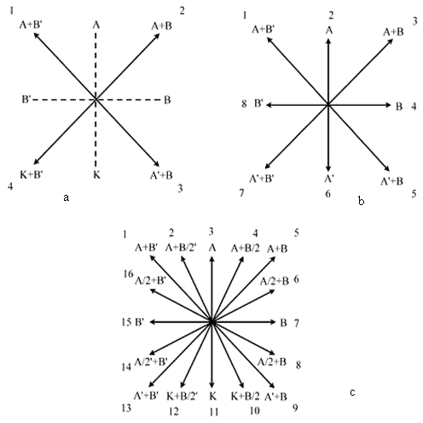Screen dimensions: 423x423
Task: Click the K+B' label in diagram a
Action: pos(32,174)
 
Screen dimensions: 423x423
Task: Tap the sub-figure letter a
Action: pos(66,197)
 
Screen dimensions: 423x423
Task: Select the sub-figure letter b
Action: pos(361,201)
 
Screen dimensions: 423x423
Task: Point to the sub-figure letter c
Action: pos(352,392)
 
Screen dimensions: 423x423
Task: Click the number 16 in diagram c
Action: pos(128,273)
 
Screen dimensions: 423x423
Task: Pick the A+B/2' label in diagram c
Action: pos(181,248)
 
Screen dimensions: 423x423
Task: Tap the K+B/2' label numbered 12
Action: pos(183,396)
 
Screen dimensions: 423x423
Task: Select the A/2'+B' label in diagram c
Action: pos(151,361)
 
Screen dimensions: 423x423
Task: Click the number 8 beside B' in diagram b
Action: pos(244,104)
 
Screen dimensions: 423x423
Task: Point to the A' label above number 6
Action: pos(329,179)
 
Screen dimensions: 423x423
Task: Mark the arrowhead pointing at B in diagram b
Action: pos(389,105)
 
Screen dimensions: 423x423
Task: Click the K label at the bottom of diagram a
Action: pos(96,174)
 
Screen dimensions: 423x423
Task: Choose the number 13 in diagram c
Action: pos(126,408)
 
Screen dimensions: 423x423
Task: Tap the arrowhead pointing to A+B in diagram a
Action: pos(157,36)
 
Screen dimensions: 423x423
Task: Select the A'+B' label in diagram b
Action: pos(262,179)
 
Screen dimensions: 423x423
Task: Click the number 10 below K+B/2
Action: pos(255,411)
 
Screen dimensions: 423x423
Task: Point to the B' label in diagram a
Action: pos(26,100)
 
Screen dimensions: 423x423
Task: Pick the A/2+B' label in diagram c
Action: pos(150,281)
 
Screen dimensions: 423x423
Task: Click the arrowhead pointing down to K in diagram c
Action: pos(211,385)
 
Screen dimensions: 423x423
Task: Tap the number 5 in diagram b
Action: pos(414,194)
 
